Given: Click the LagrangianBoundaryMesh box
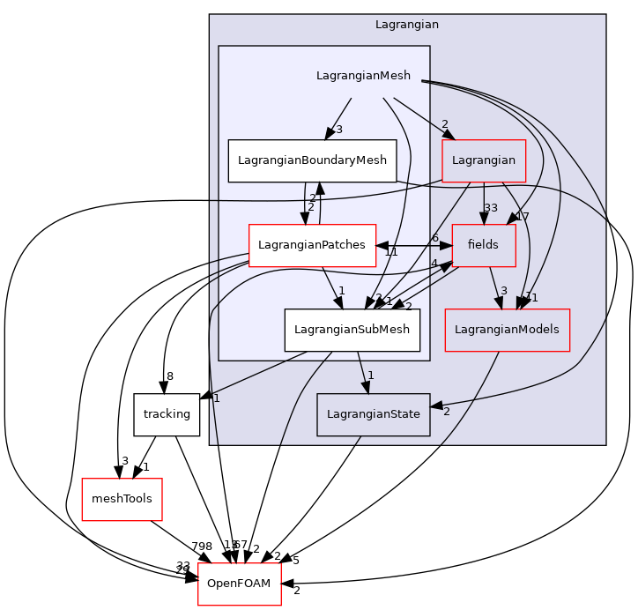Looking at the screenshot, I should click(x=312, y=160).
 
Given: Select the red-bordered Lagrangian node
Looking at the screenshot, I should click(x=484, y=160).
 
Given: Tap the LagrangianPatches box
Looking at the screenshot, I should click(x=312, y=245).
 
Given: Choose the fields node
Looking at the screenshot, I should click(x=483, y=245).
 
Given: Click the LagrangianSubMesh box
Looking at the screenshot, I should click(x=352, y=330).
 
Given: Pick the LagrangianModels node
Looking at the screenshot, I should click(x=507, y=330).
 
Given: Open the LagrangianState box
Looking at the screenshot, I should click(x=373, y=414).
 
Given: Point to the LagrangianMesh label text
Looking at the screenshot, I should click(x=363, y=76).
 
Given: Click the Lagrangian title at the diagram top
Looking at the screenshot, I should click(x=406, y=25).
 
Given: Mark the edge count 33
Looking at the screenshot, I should click(x=491, y=209).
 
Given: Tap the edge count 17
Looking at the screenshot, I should click(x=522, y=217).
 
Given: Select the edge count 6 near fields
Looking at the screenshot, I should click(x=434, y=238).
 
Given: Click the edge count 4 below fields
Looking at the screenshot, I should click(x=434, y=264).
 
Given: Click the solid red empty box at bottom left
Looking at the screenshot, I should click(x=122, y=500).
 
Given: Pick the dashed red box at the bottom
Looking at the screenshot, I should click(x=239, y=584).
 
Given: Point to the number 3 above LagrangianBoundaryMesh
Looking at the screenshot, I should click(x=338, y=130).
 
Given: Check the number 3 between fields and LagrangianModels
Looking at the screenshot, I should click(x=503, y=292).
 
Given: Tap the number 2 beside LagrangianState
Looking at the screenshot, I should click(x=447, y=412).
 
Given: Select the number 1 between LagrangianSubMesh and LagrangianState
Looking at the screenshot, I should click(x=371, y=376).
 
